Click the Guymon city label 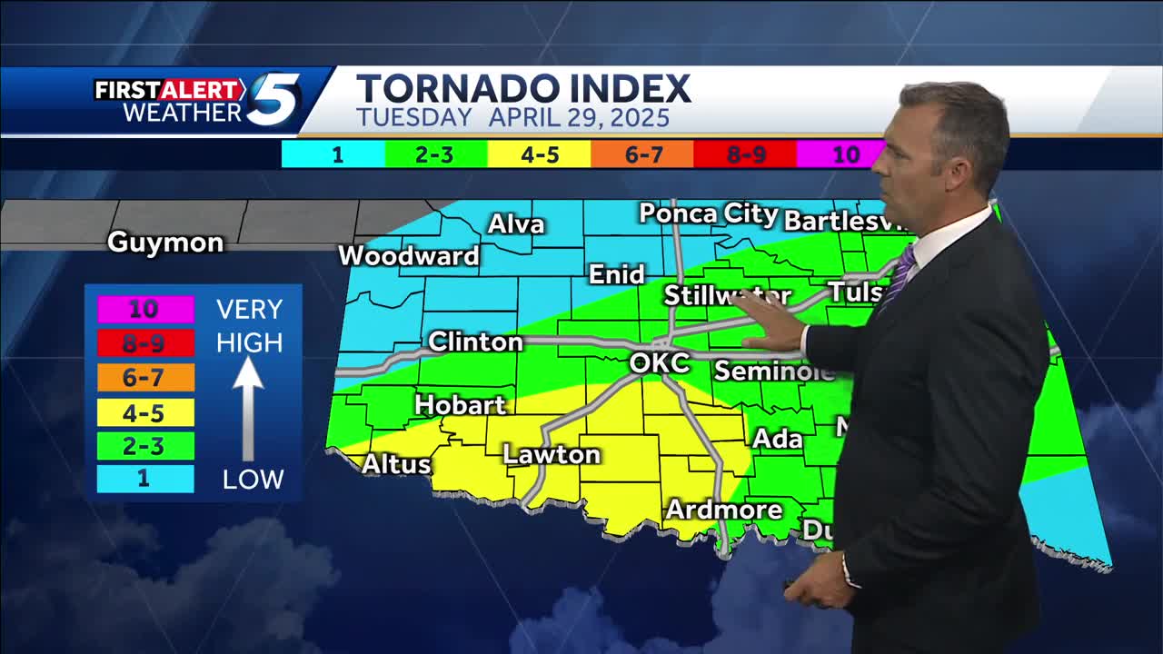(x=164, y=243)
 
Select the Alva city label (x=516, y=224)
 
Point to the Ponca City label (x=708, y=214)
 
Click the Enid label (x=616, y=274)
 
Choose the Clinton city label (x=475, y=342)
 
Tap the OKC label (x=659, y=363)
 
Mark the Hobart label (x=460, y=404)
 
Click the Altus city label (x=396, y=463)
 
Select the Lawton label (x=552, y=454)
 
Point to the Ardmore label (x=723, y=510)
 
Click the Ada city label (x=777, y=439)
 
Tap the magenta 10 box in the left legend (x=144, y=309)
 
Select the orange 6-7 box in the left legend (x=144, y=378)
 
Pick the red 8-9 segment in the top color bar (x=745, y=154)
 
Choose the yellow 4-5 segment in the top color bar (x=539, y=154)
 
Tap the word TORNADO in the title (x=454, y=89)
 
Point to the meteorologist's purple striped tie (x=899, y=277)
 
